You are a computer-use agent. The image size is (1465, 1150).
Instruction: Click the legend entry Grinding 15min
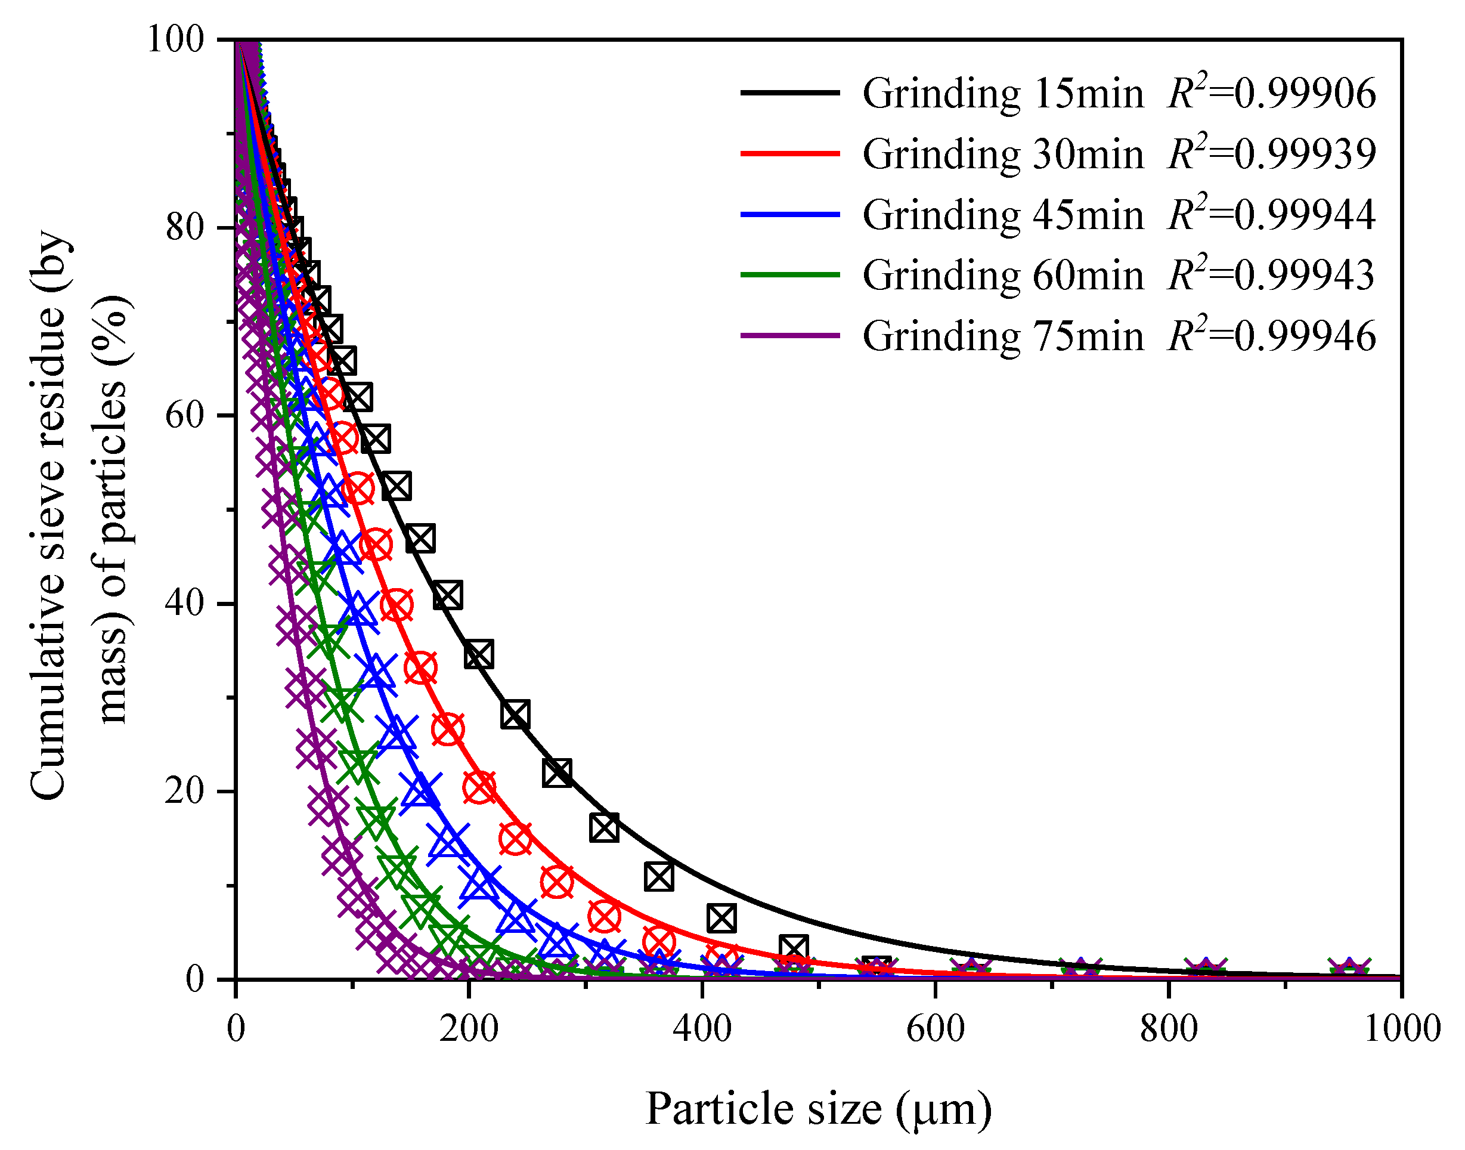point(1003,94)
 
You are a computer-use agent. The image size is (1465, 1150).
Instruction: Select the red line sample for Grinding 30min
point(790,153)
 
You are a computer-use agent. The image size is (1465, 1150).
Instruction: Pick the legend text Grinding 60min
point(1003,276)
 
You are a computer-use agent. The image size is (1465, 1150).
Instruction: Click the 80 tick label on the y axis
point(185,228)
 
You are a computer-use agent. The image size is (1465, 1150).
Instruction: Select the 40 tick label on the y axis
point(185,602)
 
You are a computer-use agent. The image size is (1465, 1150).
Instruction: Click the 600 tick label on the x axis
point(935,1029)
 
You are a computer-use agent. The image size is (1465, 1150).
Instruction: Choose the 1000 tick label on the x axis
point(1401,1029)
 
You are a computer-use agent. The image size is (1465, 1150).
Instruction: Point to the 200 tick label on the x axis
point(469,1029)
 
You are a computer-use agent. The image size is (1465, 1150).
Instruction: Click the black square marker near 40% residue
point(448,595)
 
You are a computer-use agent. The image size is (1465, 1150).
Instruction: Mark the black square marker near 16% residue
point(603,827)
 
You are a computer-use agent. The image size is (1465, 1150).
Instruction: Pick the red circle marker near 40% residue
point(397,604)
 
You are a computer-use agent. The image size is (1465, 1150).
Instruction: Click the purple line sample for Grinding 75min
point(790,335)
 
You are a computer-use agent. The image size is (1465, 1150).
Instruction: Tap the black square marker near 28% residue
point(515,715)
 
